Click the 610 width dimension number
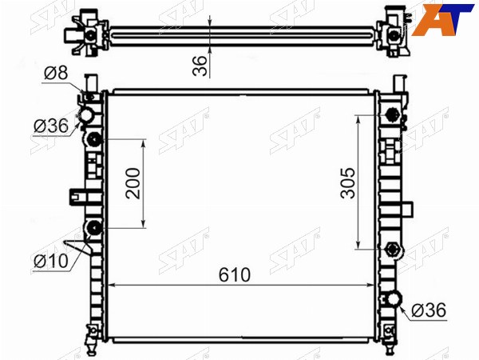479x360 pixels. (234, 274)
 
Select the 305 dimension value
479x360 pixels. (348, 183)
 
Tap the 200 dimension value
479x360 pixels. (133, 183)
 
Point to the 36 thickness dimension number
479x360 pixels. (200, 66)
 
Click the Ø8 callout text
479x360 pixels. (56, 73)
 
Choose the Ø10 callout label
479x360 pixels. (51, 261)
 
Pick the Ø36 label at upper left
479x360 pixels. (51, 126)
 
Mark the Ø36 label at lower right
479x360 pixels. (429, 310)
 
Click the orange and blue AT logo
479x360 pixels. (442, 20)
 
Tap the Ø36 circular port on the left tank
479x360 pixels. (86, 115)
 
